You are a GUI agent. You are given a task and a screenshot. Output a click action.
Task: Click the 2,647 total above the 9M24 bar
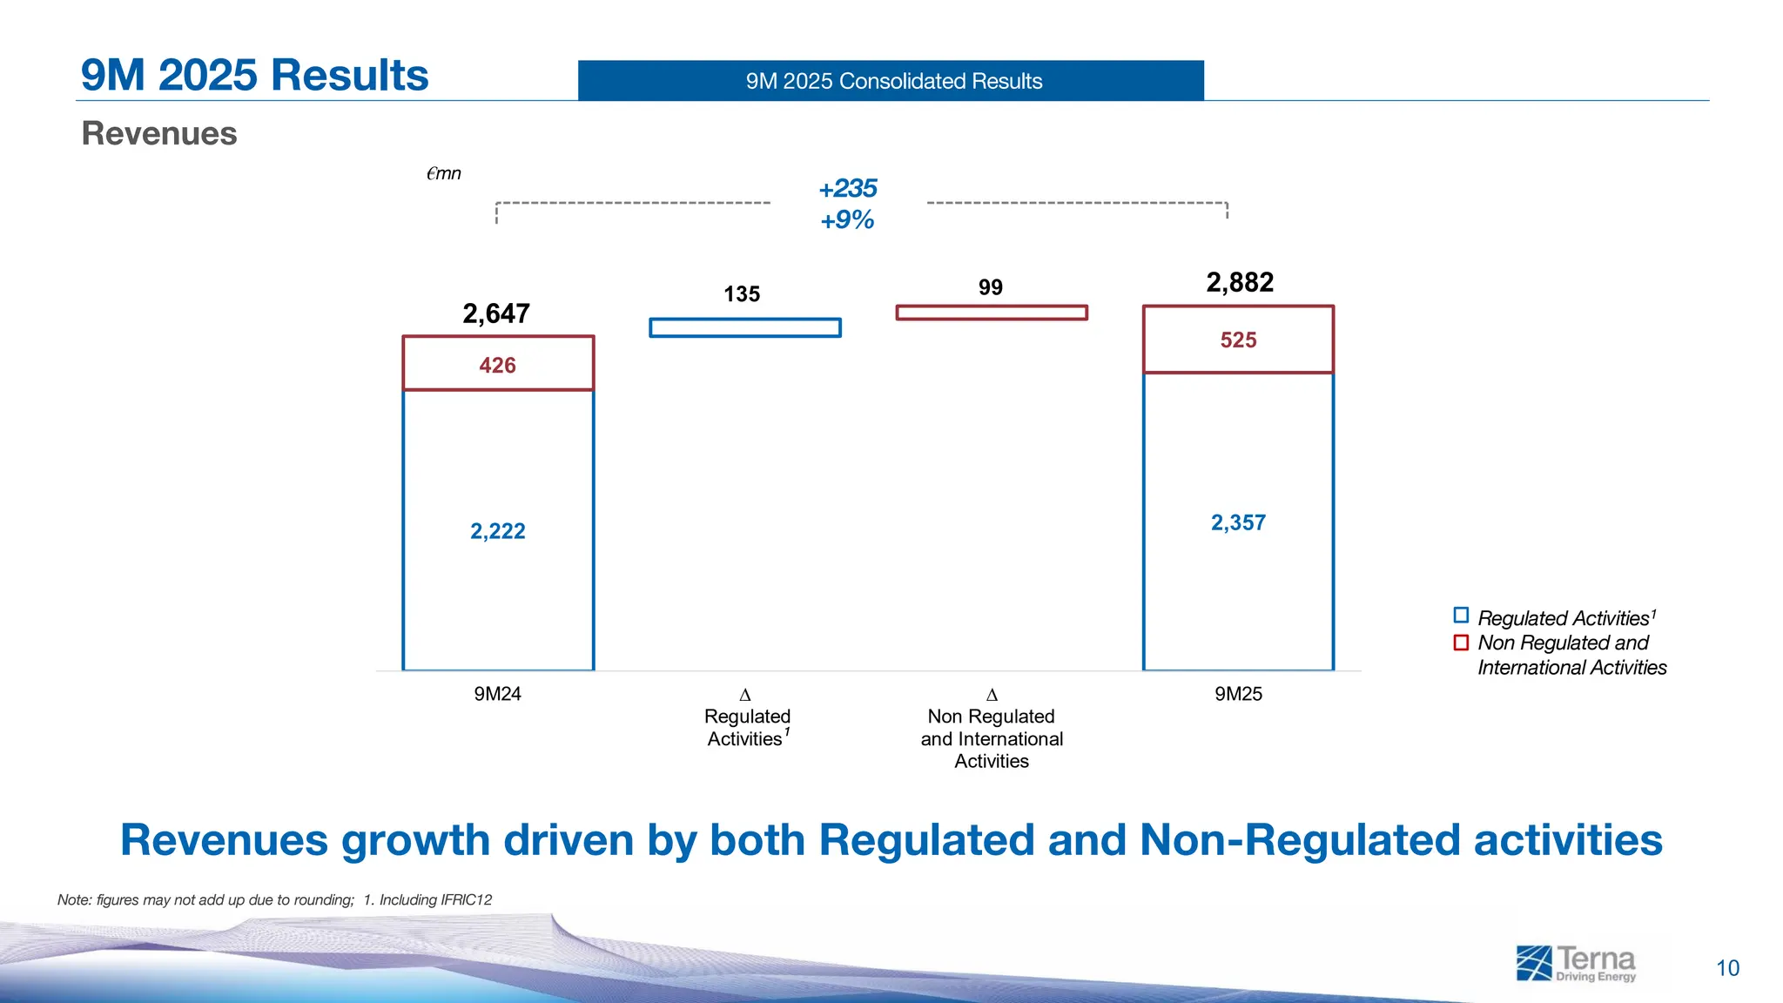pyautogui.click(x=496, y=313)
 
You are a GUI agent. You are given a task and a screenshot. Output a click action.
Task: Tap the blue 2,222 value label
pyautogui.click(x=498, y=531)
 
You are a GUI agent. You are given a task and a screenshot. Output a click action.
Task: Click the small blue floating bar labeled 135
pyautogui.click(x=745, y=327)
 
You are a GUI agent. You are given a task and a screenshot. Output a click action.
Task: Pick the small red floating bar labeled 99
pyautogui.click(x=992, y=313)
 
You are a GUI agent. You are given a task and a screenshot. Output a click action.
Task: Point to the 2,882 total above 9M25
pyautogui.click(x=1240, y=282)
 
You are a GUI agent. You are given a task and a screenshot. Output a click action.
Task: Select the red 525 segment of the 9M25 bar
pyautogui.click(x=1238, y=340)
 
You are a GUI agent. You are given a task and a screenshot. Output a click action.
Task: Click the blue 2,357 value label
pyautogui.click(x=1238, y=522)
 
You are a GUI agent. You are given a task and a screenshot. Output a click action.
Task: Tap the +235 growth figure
pyautogui.click(x=848, y=188)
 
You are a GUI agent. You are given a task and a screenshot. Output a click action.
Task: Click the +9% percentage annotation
pyautogui.click(x=847, y=219)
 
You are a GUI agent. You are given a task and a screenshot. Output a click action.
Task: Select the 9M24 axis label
pyautogui.click(x=497, y=694)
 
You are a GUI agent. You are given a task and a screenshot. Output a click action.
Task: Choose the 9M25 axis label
pyautogui.click(x=1238, y=694)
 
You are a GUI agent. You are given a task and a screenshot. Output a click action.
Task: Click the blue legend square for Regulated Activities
pyautogui.click(x=1461, y=616)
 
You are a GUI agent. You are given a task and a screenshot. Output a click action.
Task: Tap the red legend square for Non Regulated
pyautogui.click(x=1461, y=643)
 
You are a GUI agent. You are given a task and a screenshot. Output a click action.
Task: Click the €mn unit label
pyautogui.click(x=443, y=173)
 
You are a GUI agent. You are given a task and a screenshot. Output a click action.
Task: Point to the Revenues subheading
pyautogui.click(x=159, y=133)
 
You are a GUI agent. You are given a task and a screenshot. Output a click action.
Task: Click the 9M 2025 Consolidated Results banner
pyautogui.click(x=891, y=81)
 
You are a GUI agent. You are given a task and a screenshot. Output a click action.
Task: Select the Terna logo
pyautogui.click(x=1576, y=963)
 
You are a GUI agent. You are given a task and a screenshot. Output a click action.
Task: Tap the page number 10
pyautogui.click(x=1727, y=968)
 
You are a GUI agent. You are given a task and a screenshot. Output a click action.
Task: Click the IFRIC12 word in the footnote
pyautogui.click(x=467, y=899)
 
